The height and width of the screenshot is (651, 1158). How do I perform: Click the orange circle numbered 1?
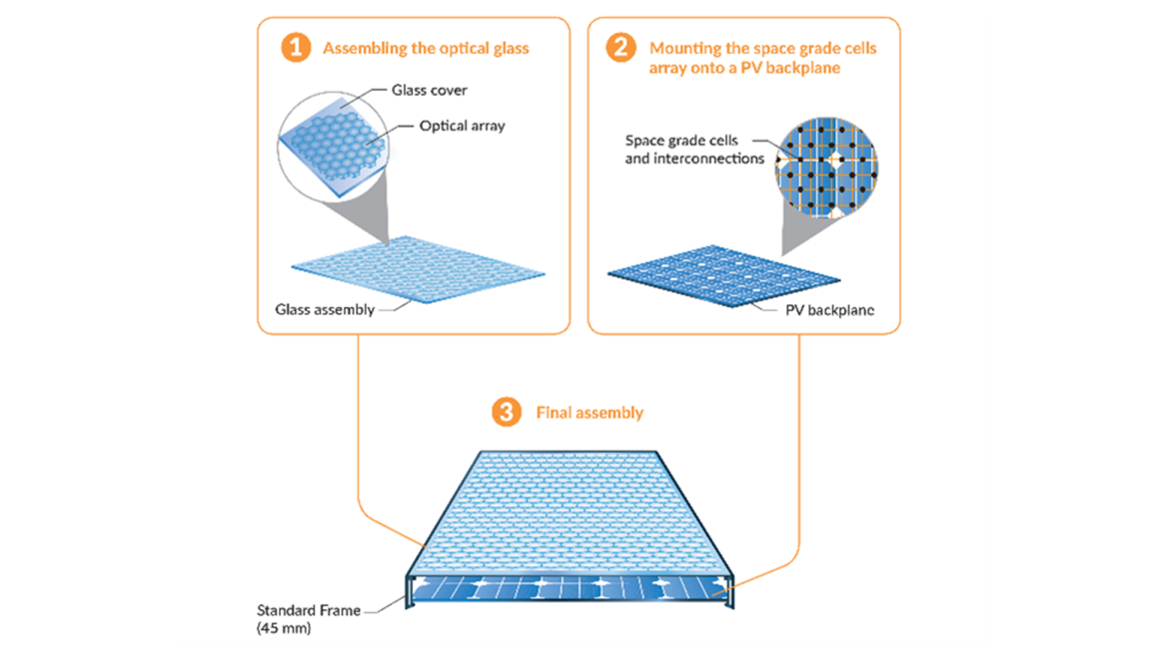[296, 47]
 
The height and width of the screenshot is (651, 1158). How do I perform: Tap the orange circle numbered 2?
[620, 47]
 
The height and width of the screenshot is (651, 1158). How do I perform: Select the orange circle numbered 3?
[507, 412]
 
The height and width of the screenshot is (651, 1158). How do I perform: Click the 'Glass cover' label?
[429, 90]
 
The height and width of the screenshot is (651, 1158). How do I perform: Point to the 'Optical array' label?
[462, 126]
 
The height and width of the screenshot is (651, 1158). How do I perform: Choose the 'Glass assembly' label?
[324, 310]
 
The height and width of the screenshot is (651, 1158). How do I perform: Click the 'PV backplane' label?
[829, 310]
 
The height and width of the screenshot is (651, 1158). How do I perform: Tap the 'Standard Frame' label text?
[308, 610]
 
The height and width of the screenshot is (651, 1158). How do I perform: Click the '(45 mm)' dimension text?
[283, 628]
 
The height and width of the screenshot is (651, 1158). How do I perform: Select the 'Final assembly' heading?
[590, 413]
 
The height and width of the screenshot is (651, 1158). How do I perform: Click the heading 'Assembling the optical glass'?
[426, 48]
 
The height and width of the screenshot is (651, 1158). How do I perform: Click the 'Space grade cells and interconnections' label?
[694, 149]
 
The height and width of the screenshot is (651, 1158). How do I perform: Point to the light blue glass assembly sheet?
[418, 270]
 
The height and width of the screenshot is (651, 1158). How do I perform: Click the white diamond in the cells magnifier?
[835, 159]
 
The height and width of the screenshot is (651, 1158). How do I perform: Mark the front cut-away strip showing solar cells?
[569, 588]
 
